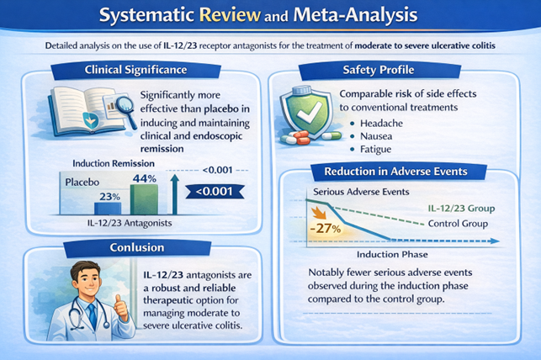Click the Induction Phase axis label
pos(393,253)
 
